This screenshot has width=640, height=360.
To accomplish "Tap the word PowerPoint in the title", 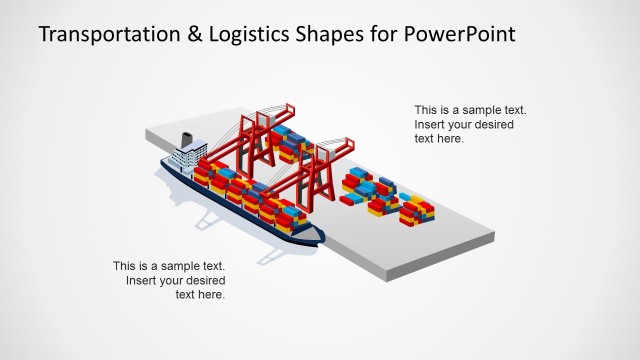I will click(x=461, y=35).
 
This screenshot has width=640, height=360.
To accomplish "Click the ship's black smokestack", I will click(x=186, y=141).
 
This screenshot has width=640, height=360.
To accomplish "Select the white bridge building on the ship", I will click(x=186, y=159).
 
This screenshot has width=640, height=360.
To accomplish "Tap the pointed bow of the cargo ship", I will click(x=318, y=237).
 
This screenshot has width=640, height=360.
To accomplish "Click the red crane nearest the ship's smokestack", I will click(x=258, y=140).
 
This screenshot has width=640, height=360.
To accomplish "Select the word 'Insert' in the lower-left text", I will click(x=143, y=281).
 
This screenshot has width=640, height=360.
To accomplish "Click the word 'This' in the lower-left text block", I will click(x=125, y=267).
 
